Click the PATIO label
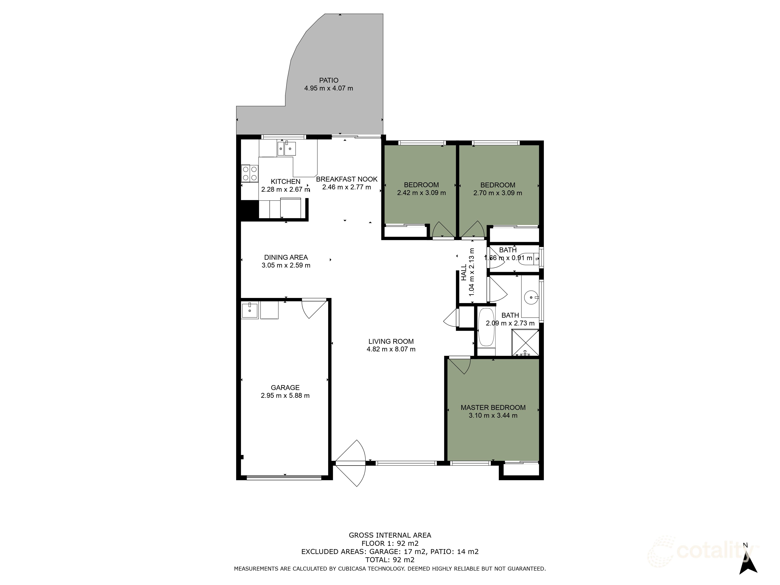tap(329, 80)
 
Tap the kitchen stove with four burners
tap(250, 174)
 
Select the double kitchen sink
tap(286, 148)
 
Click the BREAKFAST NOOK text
tap(347, 179)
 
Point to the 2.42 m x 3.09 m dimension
tap(421, 193)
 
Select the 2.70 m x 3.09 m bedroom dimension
tap(498, 193)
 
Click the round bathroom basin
tap(530, 297)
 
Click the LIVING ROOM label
tap(391, 341)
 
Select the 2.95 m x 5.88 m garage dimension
tap(285, 396)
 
